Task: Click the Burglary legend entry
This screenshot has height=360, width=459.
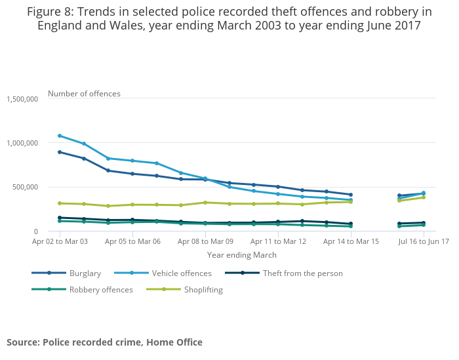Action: [x=85, y=273]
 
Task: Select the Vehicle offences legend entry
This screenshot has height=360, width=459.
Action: [x=182, y=273]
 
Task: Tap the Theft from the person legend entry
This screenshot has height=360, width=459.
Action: [x=302, y=273]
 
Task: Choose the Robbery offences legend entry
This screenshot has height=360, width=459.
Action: [x=100, y=289]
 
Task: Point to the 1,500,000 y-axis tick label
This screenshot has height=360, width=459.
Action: [x=22, y=98]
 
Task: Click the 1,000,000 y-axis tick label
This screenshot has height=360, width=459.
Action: [x=22, y=143]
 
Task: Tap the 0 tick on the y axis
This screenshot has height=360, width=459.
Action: [x=35, y=231]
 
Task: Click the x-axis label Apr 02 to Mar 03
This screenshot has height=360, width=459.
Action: [x=60, y=241]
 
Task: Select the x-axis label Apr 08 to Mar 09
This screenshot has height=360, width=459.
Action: [x=205, y=241]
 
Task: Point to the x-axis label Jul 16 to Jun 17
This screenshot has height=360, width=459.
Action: [x=424, y=241]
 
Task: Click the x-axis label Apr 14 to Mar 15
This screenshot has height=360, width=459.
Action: [x=351, y=241]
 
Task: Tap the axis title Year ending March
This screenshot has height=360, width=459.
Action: [x=242, y=254]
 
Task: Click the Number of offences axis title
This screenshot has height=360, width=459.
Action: [x=84, y=94]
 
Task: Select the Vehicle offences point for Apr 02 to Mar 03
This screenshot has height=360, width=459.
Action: [x=60, y=136]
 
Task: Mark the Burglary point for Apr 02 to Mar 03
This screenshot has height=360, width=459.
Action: [x=60, y=152]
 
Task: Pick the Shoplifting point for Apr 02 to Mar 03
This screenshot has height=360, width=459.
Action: [x=60, y=203]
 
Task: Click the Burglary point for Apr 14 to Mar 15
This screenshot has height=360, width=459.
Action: [x=351, y=195]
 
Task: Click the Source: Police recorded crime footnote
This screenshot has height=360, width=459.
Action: [x=104, y=342]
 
